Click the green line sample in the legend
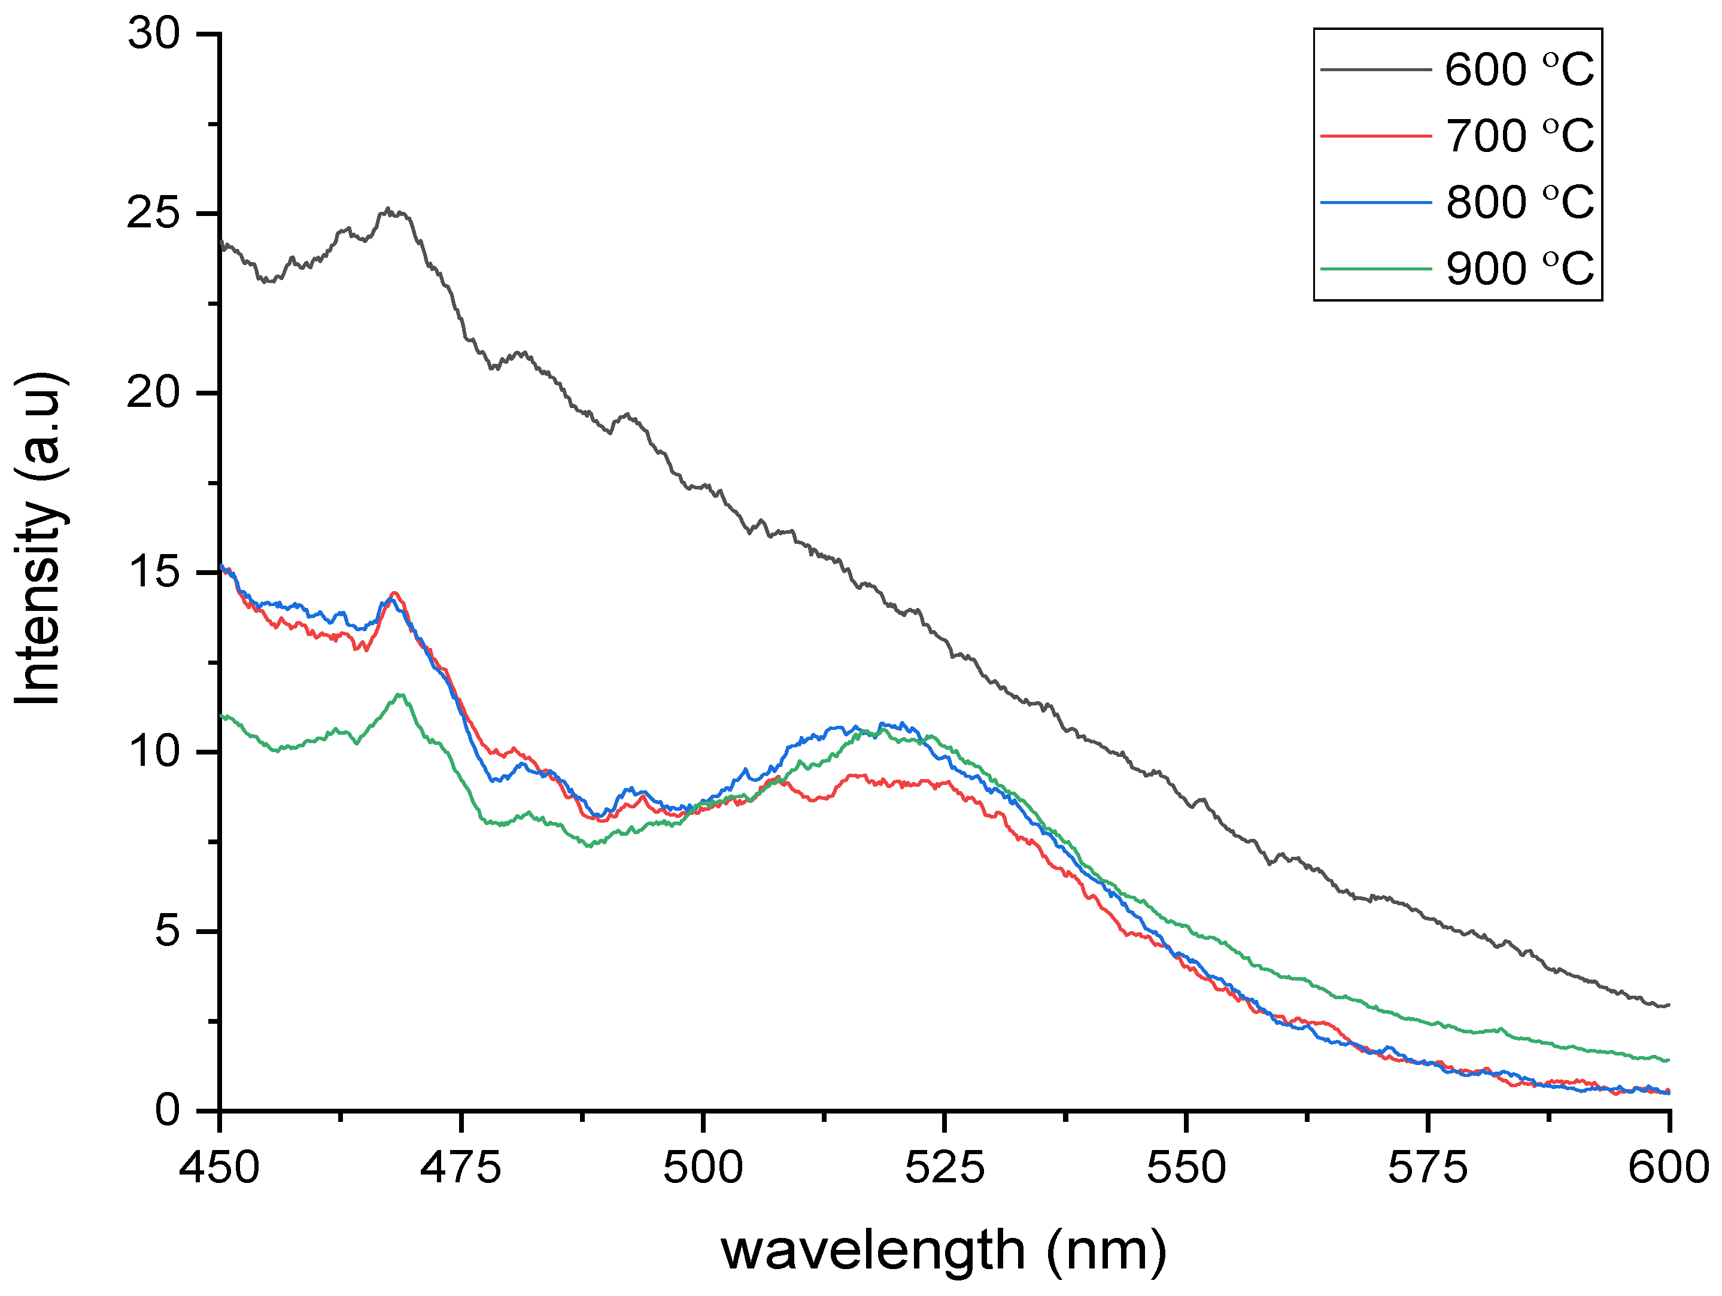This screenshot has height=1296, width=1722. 1375,269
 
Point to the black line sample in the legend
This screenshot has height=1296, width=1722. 1375,70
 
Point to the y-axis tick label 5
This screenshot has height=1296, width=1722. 168,931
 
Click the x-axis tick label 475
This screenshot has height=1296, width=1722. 461,1167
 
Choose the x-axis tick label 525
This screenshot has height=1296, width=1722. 944,1167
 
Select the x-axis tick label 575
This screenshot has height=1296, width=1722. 1428,1167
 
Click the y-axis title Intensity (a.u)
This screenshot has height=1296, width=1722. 39,539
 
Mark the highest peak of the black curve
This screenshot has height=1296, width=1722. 388,209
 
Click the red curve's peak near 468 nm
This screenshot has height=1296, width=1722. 394,593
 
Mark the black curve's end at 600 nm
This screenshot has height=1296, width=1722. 1668,1005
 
